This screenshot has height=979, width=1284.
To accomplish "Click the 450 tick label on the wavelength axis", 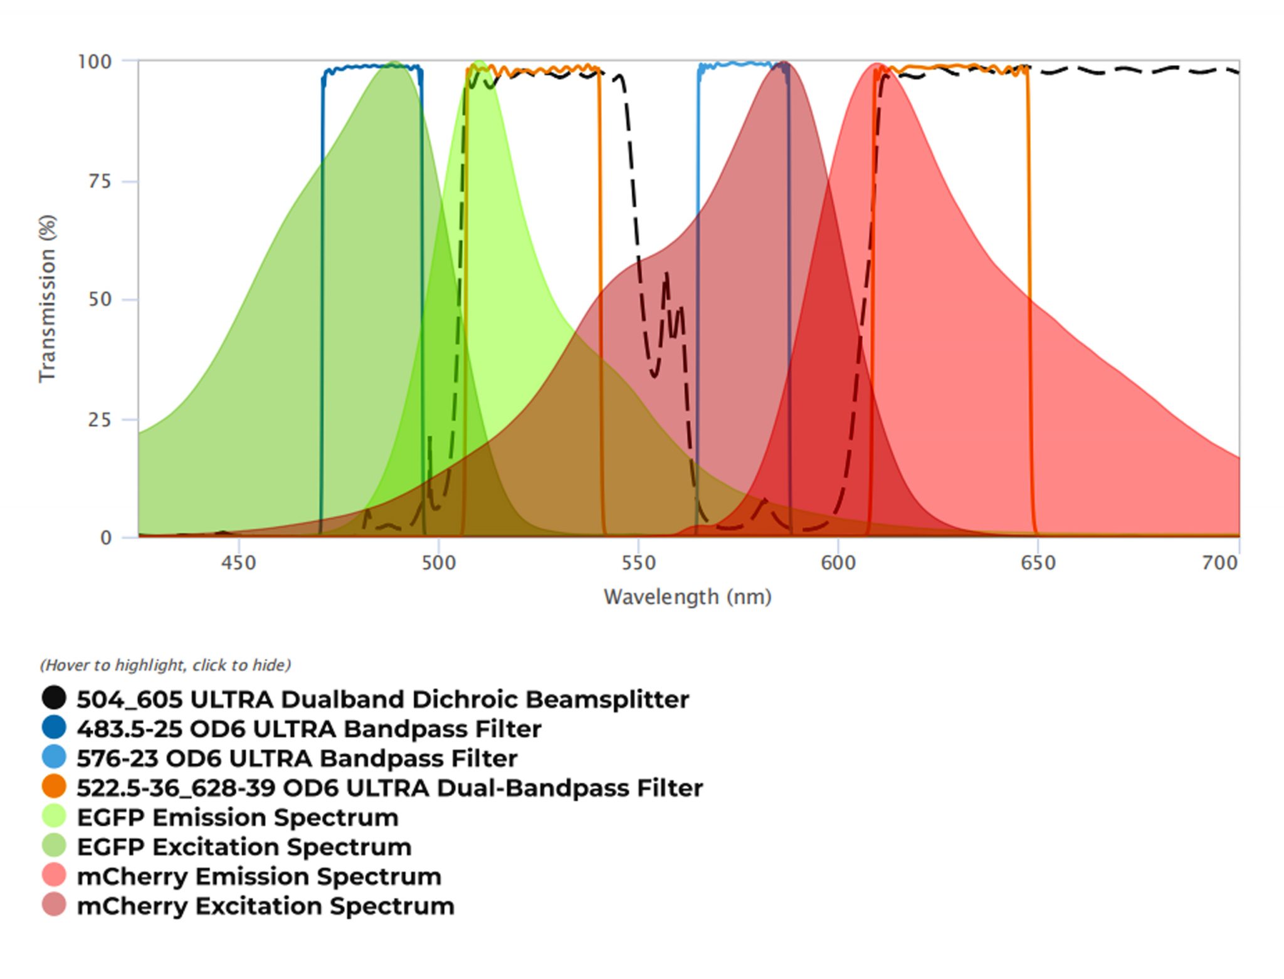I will click(x=238, y=563).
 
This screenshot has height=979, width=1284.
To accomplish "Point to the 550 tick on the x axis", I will click(x=638, y=563).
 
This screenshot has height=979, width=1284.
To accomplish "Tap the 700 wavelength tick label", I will click(x=1219, y=563).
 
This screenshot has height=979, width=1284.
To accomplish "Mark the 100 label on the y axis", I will click(x=95, y=62).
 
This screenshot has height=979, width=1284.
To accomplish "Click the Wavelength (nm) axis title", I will click(x=687, y=597).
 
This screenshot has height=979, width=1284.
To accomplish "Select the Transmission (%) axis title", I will click(x=48, y=298).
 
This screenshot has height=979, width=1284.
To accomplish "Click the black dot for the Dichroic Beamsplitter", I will click(x=55, y=698).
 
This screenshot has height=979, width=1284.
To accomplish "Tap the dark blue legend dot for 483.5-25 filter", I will click(x=55, y=728).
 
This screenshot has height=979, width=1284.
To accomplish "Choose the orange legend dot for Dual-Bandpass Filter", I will click(x=55, y=787).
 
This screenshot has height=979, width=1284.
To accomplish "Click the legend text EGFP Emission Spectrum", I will click(x=238, y=817).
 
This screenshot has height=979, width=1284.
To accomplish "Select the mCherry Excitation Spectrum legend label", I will click(x=265, y=906).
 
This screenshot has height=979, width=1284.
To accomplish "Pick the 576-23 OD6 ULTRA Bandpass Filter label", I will click(x=297, y=758).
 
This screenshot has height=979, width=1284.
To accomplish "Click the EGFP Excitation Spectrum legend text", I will click(x=244, y=847).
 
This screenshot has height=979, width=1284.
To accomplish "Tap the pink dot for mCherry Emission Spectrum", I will click(x=55, y=875).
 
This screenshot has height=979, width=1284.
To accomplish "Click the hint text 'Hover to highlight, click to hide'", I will click(x=166, y=665).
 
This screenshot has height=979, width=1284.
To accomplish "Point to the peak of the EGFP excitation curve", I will click(x=394, y=63).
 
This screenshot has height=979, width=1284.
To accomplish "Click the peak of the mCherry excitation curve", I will click(x=784, y=63).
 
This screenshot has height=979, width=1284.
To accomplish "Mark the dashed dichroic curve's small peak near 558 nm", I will click(x=666, y=274).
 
